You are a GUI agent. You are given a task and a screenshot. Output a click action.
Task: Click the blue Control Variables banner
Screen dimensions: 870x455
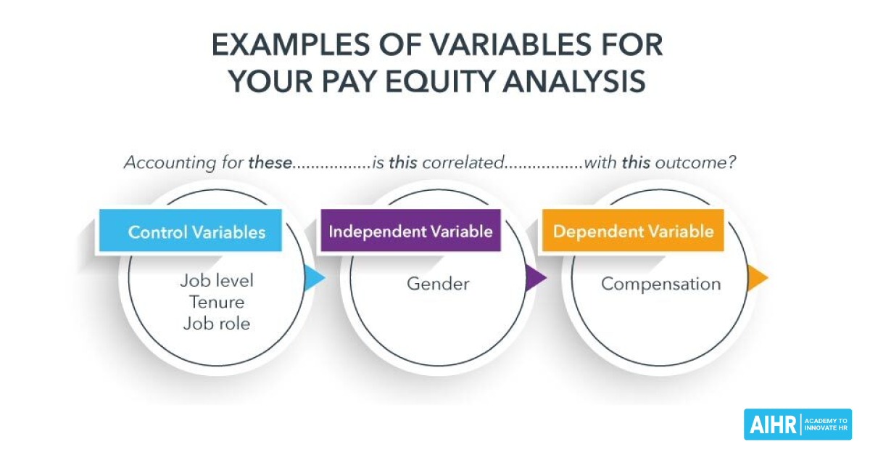[190, 230]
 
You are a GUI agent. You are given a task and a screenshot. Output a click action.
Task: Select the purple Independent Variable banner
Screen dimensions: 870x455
[410, 230]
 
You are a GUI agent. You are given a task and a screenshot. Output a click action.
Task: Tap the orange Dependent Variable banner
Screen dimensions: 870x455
[633, 230]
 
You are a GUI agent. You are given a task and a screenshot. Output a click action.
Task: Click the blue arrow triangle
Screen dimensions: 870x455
[314, 278]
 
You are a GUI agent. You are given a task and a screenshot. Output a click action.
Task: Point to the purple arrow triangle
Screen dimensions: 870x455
[535, 278]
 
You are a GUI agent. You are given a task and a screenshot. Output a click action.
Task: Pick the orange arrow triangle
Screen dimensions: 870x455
[757, 278]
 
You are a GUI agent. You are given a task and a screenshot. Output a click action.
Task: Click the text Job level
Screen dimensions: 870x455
[217, 281]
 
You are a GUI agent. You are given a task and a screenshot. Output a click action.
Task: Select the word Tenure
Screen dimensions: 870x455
[217, 302]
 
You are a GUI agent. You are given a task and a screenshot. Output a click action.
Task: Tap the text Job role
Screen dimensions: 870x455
[217, 324]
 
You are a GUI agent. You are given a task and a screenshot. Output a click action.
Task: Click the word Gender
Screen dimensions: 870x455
[438, 284]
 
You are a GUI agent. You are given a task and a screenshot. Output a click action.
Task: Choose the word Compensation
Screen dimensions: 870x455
[660, 284]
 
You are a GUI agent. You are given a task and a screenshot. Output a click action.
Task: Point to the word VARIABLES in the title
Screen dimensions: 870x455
[510, 45]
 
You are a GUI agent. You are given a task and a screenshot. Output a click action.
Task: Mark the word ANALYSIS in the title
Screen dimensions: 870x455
[574, 81]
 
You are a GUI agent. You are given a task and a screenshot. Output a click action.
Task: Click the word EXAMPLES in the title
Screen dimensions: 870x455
[291, 45]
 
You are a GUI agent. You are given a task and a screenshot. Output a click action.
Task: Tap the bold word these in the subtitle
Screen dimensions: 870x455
[270, 163]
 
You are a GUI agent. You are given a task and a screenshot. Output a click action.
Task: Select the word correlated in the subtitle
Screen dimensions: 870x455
[463, 163]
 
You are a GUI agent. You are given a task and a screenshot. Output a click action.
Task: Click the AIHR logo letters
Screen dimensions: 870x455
[773, 425]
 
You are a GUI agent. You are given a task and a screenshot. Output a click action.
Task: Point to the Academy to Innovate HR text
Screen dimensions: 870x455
[826, 425]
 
